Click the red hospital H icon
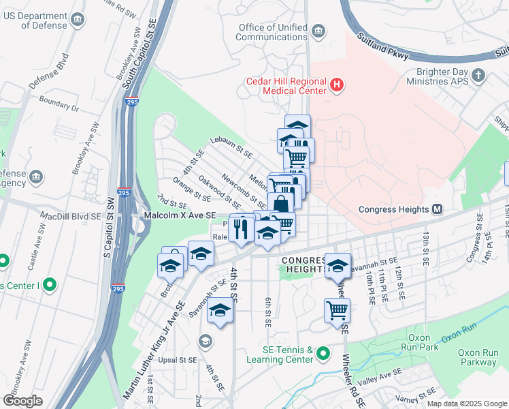point(336,86)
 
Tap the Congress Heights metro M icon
point(437,209)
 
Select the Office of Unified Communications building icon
point(318,31)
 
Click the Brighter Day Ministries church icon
point(480,74)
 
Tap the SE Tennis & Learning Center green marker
point(323,354)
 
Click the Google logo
point(23,400)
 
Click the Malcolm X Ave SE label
point(180,215)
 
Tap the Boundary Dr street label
point(59,108)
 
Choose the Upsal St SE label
point(176,359)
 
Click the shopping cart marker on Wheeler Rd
point(338,311)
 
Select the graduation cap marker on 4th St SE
point(220,311)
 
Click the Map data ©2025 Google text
point(467,404)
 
